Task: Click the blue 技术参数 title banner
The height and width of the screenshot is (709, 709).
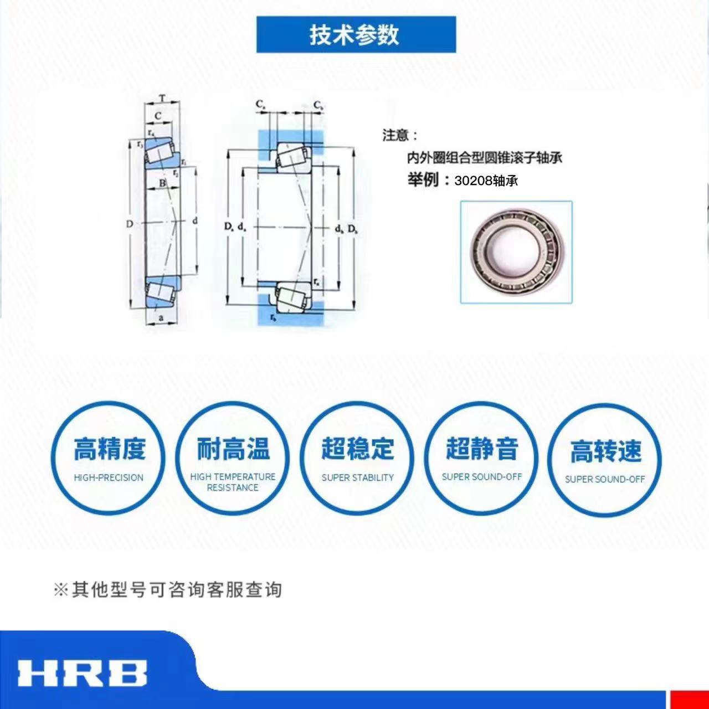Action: pyautogui.click(x=356, y=35)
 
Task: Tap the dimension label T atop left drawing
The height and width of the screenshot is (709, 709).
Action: pyautogui.click(x=162, y=99)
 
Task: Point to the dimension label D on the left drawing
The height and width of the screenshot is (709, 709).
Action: pyautogui.click(x=129, y=224)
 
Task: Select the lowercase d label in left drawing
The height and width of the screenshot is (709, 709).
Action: pyautogui.click(x=194, y=221)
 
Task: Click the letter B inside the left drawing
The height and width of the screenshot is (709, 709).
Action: pyautogui.click(x=162, y=183)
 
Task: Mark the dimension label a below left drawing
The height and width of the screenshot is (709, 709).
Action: pyautogui.click(x=161, y=318)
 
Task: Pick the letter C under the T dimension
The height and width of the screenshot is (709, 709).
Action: pyautogui.click(x=158, y=116)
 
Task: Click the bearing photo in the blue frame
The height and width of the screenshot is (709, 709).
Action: pyautogui.click(x=516, y=252)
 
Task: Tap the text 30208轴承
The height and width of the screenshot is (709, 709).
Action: pyautogui.click(x=486, y=181)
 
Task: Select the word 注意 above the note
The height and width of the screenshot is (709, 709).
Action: pyautogui.click(x=396, y=135)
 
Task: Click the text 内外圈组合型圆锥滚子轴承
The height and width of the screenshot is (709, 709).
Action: pyautogui.click(x=485, y=158)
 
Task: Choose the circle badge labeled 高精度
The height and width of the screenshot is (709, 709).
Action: pyautogui.click(x=109, y=459)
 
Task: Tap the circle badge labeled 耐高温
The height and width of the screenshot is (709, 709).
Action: pyautogui.click(x=233, y=459)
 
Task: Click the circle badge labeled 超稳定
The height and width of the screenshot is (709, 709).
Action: pyautogui.click(x=357, y=459)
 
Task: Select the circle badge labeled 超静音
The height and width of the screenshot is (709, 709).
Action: pyautogui.click(x=481, y=459)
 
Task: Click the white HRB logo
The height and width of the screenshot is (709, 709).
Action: pyautogui.click(x=82, y=673)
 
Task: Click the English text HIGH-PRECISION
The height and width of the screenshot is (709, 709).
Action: pyautogui.click(x=109, y=477)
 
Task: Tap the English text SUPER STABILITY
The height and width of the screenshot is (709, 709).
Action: pyautogui.click(x=357, y=477)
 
